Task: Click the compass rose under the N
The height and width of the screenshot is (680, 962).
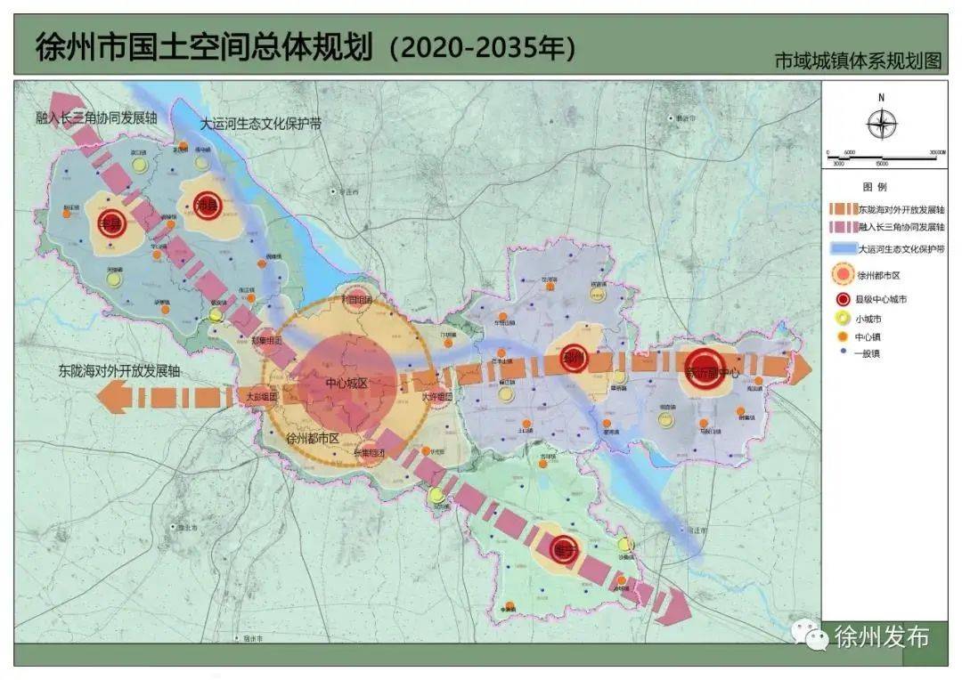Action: click(882, 125)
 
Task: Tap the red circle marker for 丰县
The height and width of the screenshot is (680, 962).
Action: click(112, 224)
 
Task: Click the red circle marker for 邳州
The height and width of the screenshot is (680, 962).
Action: click(575, 359)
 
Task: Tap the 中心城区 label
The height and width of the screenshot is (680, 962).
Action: click(346, 384)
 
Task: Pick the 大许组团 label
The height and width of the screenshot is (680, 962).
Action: click(437, 396)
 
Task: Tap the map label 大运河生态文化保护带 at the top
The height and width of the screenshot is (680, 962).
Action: click(260, 125)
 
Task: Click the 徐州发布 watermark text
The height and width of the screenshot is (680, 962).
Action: click(881, 637)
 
